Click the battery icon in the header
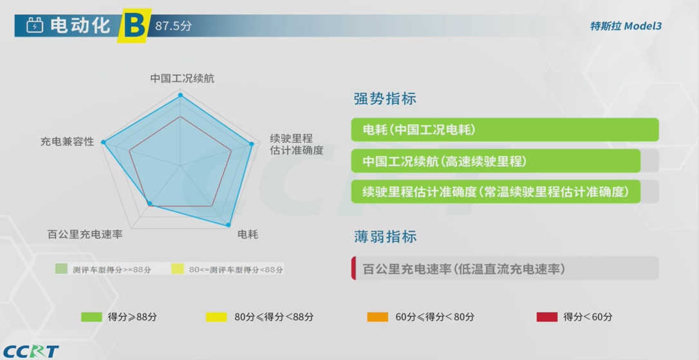click(35, 25)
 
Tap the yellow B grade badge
click(134, 26)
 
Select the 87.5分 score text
click(173, 26)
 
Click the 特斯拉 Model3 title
click(626, 26)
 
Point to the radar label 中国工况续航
click(182, 79)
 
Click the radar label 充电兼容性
click(68, 142)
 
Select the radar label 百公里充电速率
click(85, 234)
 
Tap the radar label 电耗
click(248, 234)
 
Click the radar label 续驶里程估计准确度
click(297, 144)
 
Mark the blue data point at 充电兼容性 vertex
click(104, 142)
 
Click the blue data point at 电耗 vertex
click(228, 225)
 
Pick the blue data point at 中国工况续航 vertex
click(181, 95)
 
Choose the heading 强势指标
click(385, 99)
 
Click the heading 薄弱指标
click(385, 236)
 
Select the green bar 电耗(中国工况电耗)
click(505, 130)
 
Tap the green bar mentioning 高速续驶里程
click(496, 161)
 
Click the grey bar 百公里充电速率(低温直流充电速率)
click(505, 269)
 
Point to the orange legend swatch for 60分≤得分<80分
click(378, 317)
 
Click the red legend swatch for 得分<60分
click(547, 317)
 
